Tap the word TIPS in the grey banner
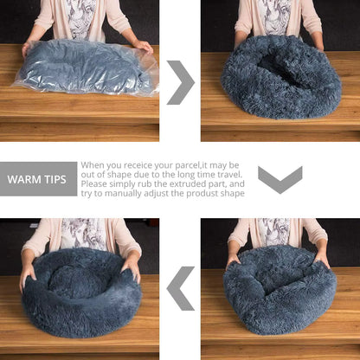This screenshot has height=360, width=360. tap(56, 180)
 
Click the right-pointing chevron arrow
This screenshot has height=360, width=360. tap(180, 82)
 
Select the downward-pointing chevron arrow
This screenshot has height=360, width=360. tap(280, 179)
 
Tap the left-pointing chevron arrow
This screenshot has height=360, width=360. tap(180, 287)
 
